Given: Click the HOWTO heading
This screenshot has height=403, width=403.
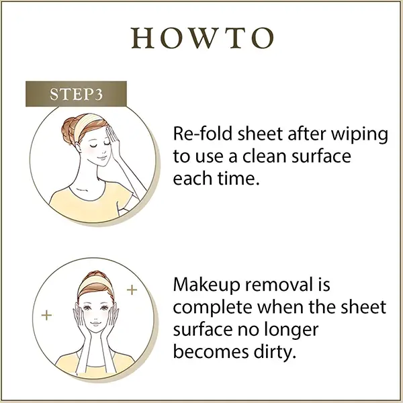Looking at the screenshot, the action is coord(203,38).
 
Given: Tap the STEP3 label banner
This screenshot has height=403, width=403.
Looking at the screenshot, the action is coord(76,94).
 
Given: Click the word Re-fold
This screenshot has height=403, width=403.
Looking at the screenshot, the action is coord(203,134).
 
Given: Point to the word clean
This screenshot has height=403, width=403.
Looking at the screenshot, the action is coord(265,156).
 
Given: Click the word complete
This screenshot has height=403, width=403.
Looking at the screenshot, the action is coord(212,308).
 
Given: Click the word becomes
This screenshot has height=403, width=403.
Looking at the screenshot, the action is coord(211,351).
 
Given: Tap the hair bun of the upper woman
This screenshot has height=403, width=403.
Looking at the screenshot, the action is coord(69,131).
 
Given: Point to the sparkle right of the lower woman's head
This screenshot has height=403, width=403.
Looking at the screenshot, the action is coord(132,289).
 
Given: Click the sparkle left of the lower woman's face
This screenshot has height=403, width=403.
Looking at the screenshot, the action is coord(46,315).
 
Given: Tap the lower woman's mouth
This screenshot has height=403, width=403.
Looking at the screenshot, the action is coord(96,323).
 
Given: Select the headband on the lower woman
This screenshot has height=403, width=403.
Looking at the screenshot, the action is coord(96,283).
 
